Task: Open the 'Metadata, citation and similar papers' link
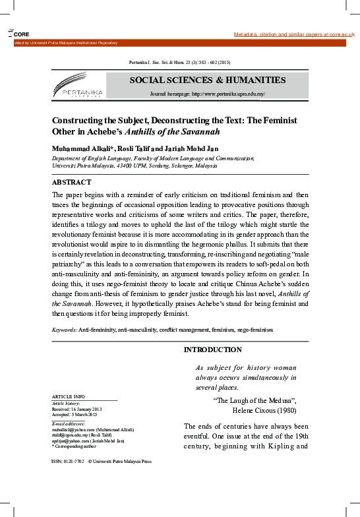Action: pos(294,34)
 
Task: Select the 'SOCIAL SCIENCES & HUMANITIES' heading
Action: pos(208,80)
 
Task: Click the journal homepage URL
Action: pos(227,94)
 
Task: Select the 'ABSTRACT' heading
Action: pos(71,182)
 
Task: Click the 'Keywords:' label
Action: pos(65,328)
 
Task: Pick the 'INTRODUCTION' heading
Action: pos(212,350)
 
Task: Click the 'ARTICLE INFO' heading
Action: pos(68,396)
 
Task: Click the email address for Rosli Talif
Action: pos(71,436)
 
